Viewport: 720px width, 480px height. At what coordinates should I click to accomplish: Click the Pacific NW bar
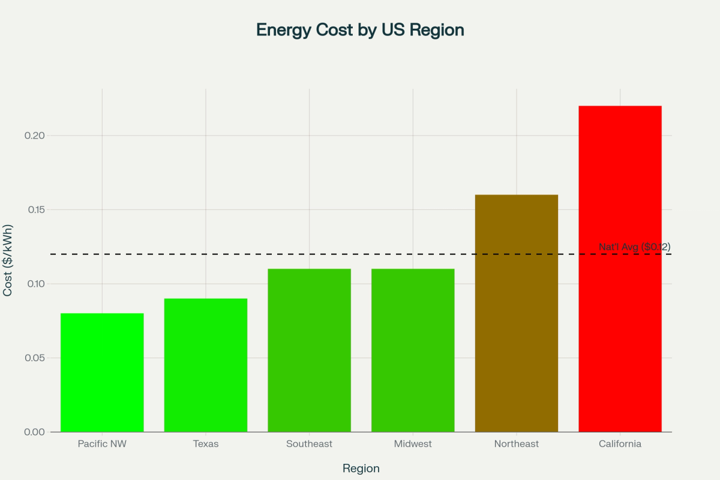pyautogui.click(x=102, y=373)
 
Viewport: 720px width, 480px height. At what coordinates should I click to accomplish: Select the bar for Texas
pyautogui.click(x=206, y=365)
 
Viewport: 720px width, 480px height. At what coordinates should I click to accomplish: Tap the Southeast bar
pyautogui.click(x=309, y=350)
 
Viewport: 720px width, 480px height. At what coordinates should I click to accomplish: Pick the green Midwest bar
pyautogui.click(x=413, y=350)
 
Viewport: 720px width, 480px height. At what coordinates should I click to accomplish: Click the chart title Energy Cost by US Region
pyautogui.click(x=360, y=30)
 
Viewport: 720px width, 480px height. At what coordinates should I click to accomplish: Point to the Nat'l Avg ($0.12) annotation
pyautogui.click(x=634, y=247)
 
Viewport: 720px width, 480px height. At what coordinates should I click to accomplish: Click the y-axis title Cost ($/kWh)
pyautogui.click(x=8, y=260)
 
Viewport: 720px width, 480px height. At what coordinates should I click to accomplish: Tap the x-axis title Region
pyautogui.click(x=361, y=469)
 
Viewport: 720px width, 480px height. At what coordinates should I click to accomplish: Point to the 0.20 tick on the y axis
pyautogui.click(x=35, y=136)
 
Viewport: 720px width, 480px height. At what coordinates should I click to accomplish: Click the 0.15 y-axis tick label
pyautogui.click(x=35, y=210)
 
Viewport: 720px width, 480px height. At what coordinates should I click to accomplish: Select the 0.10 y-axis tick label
pyautogui.click(x=35, y=284)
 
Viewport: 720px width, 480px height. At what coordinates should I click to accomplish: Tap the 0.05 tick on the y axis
pyautogui.click(x=35, y=358)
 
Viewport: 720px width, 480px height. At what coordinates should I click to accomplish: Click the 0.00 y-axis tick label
pyautogui.click(x=35, y=432)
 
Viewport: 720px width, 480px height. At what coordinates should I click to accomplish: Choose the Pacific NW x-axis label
pyautogui.click(x=102, y=444)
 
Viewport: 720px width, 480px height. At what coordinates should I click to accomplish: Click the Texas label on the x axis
pyautogui.click(x=206, y=444)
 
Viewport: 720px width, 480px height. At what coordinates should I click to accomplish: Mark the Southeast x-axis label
pyautogui.click(x=309, y=444)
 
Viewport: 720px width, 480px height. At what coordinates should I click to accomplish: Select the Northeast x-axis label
pyautogui.click(x=517, y=444)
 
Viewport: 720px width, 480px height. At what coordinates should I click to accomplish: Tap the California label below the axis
pyautogui.click(x=620, y=444)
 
